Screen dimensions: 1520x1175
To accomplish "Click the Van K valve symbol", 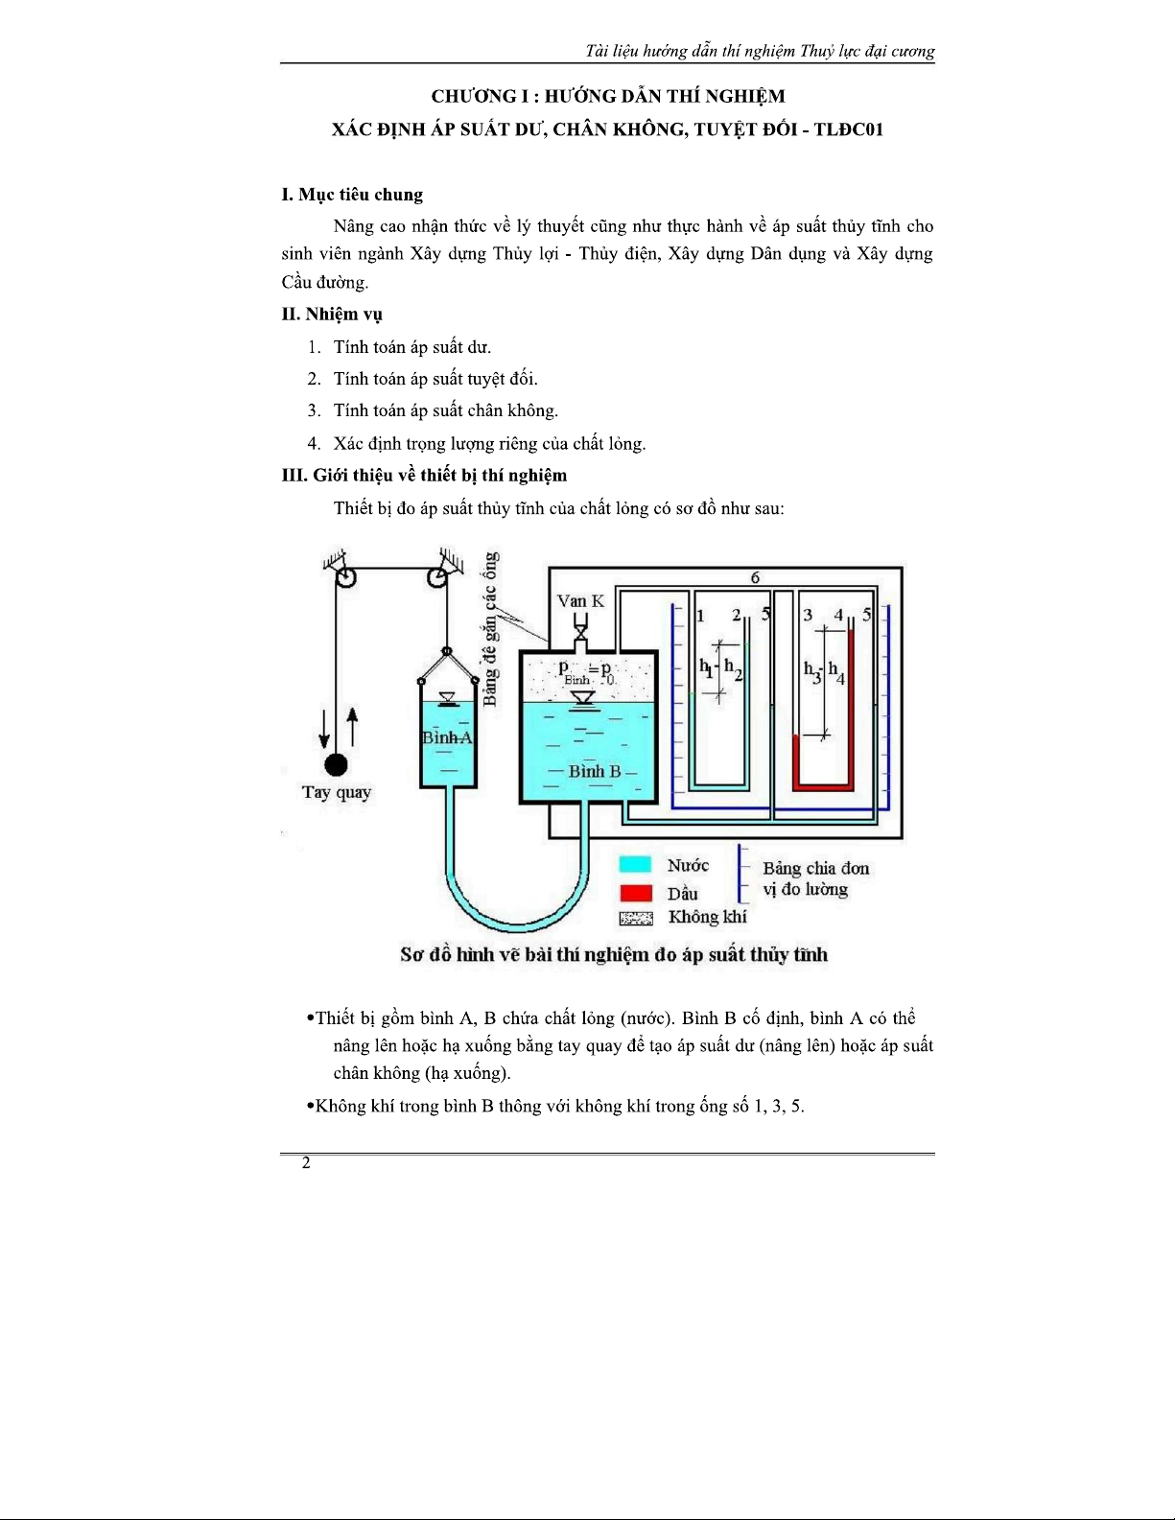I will tap(580, 629).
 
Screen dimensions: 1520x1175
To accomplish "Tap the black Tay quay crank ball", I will tap(336, 764).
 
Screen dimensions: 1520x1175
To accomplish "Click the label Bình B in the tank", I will tap(595, 771).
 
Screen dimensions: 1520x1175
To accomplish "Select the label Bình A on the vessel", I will tap(447, 737).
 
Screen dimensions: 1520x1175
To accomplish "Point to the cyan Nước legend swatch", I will tap(635, 865).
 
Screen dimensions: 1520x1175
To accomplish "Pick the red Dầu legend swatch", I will tap(635, 893).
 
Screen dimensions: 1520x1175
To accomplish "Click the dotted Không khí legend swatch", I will tap(635, 918).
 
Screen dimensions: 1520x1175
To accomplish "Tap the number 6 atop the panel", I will tap(755, 577).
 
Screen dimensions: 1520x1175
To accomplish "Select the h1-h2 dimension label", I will tap(720, 667).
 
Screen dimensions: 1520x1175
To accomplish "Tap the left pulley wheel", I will tap(345, 576).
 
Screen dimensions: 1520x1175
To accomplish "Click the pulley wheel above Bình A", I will tap(436, 576).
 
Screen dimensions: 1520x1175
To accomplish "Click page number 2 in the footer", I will tap(306, 1163).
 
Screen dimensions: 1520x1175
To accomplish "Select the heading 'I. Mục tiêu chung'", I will tap(352, 195).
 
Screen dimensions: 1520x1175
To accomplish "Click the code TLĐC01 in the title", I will tap(848, 129).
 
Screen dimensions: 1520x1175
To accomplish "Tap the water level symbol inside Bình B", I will tap(583, 699).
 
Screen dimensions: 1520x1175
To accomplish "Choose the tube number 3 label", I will tap(808, 615).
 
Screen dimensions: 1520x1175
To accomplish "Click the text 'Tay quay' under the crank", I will tap(336, 792).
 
